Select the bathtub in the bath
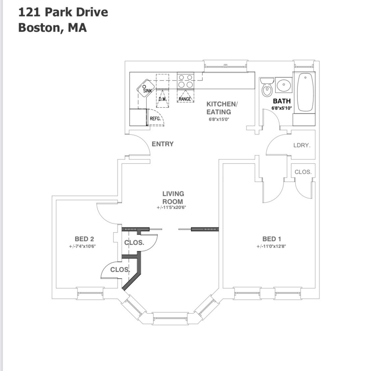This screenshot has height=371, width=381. tap(306, 92)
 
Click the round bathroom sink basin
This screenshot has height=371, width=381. tap(283, 85)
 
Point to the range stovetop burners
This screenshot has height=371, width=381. tap(185, 81)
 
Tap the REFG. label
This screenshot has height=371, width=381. tap(155, 119)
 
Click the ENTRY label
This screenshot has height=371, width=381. tap(163, 144)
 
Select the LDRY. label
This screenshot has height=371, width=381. tap(302, 145)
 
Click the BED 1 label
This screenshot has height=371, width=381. tap(271, 239)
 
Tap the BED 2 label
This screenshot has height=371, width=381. tap(84, 239)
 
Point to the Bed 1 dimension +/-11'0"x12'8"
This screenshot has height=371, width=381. tap(271, 246)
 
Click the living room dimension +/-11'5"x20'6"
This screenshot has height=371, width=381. tap(173, 208)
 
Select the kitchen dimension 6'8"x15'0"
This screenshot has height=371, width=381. tap(218, 119)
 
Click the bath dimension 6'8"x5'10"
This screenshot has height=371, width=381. tap(282, 108)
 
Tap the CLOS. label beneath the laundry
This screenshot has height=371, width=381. tap(303, 172)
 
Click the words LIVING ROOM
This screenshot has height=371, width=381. tap(173, 198)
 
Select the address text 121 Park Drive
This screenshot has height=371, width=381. tap(63, 12)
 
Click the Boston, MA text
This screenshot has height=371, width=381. tap(53, 27)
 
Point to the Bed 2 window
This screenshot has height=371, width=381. tap(90, 293)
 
